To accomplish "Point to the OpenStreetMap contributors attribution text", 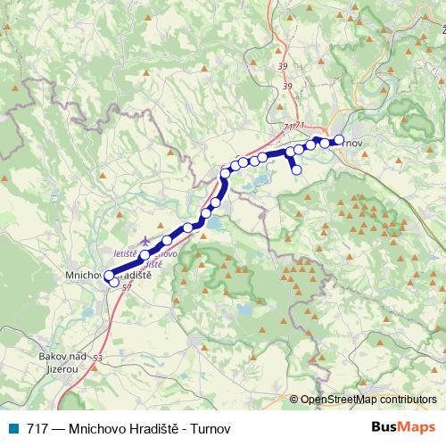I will coord(368,401).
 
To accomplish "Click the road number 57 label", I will coord(127,286).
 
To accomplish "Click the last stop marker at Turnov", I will coord(339,139).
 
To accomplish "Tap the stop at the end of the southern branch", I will coord(297,169).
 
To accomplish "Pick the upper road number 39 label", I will coord(282,65).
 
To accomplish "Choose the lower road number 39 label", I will coord(285,87).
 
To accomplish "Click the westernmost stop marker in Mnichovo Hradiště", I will coord(109,276).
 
